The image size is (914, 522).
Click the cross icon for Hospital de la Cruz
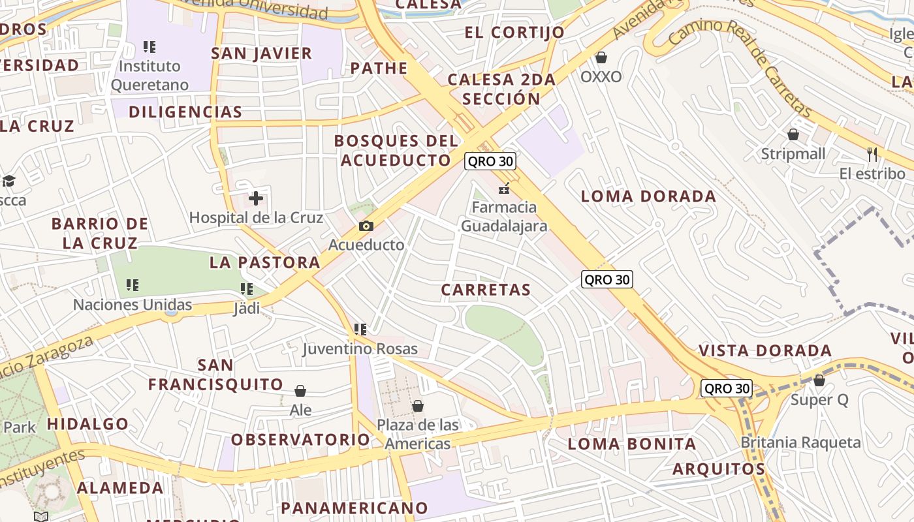coord(256,198)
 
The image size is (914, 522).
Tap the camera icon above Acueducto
coord(366,226)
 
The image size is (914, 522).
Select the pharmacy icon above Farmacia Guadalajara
coord(503,189)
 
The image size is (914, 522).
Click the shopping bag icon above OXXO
coord(601,57)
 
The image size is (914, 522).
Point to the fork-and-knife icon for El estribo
coord(872,154)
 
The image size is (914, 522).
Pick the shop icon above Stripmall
coord(793,134)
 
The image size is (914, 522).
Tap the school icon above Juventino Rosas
coord(360,330)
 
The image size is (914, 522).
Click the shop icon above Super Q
coord(819,380)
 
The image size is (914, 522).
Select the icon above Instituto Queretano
coord(150,46)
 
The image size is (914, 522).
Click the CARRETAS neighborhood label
coord(486,290)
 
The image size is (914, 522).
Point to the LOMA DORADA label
coord(648,196)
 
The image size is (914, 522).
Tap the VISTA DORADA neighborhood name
coord(765,350)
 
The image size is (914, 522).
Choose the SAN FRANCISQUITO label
coord(215,375)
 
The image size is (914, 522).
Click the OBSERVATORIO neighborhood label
coord(301,439)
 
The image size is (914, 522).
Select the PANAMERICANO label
coord(355,508)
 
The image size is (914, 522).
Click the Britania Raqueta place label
coord(800,442)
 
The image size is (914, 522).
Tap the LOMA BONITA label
coord(632,444)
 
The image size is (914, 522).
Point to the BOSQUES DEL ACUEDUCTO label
coord(397,150)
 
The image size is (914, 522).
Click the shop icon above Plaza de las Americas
coord(418,406)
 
